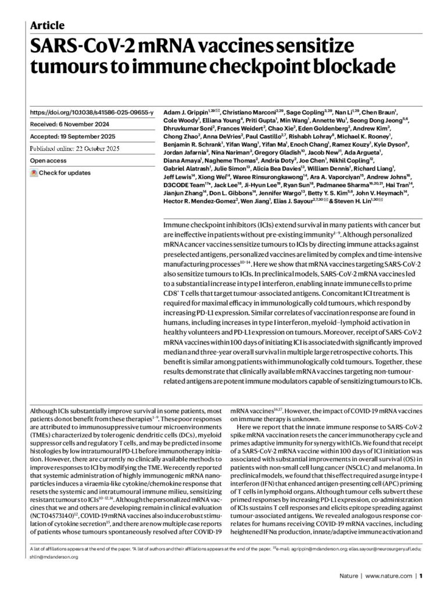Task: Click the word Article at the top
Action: click(x=47, y=25)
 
